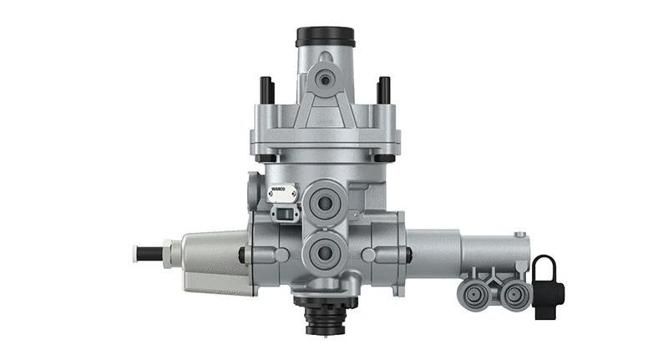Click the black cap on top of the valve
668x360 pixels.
pos(325,38)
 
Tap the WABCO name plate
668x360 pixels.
pos(281,194)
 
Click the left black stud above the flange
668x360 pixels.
pos(266,89)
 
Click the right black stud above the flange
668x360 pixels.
pos(384,89)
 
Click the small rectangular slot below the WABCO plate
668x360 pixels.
pos(284,215)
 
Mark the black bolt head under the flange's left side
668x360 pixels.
pos(266,158)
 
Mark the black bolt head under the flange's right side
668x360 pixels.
pos(384,158)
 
